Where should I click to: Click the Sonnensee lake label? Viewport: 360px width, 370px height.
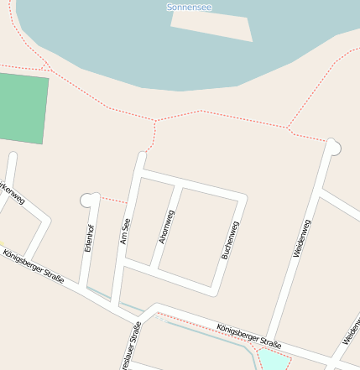click(x=189, y=7)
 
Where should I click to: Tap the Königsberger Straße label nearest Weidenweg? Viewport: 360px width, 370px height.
click(x=248, y=336)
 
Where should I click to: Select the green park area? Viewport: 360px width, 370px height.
click(x=23, y=108)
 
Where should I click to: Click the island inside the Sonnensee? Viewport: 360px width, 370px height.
click(x=211, y=27)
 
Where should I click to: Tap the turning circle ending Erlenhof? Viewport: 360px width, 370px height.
click(x=86, y=199)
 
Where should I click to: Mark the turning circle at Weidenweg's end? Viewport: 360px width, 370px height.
click(x=335, y=147)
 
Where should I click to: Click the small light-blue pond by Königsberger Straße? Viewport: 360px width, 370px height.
click(x=273, y=362)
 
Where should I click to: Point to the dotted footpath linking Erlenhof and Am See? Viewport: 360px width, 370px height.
click(x=112, y=201)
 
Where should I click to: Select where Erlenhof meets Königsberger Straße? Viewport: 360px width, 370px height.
click(x=82, y=287)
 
